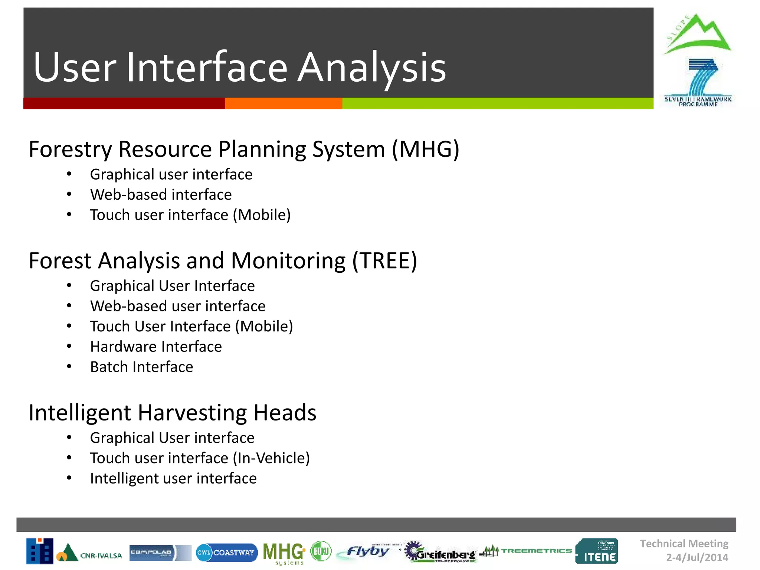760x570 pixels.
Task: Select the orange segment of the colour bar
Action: tap(283, 104)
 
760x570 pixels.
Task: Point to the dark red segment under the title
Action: tap(124, 104)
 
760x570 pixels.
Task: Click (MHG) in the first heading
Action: tap(426, 150)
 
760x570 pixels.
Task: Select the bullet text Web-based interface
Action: tap(161, 195)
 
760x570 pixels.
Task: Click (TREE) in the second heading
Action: tap(384, 261)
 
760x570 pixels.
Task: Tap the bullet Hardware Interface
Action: tap(156, 347)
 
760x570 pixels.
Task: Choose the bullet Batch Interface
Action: tap(141, 367)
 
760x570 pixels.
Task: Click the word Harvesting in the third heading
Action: tap(192, 413)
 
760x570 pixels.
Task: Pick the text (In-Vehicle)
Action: tap(271, 458)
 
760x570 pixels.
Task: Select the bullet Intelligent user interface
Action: tap(173, 479)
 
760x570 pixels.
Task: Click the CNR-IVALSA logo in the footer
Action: tap(89, 553)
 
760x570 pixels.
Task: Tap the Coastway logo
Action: tap(226, 553)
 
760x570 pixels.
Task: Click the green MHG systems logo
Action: tap(284, 553)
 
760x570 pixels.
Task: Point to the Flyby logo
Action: tap(366, 552)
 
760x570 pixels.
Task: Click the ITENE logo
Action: tap(596, 551)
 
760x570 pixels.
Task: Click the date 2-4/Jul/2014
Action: tap(697, 557)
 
